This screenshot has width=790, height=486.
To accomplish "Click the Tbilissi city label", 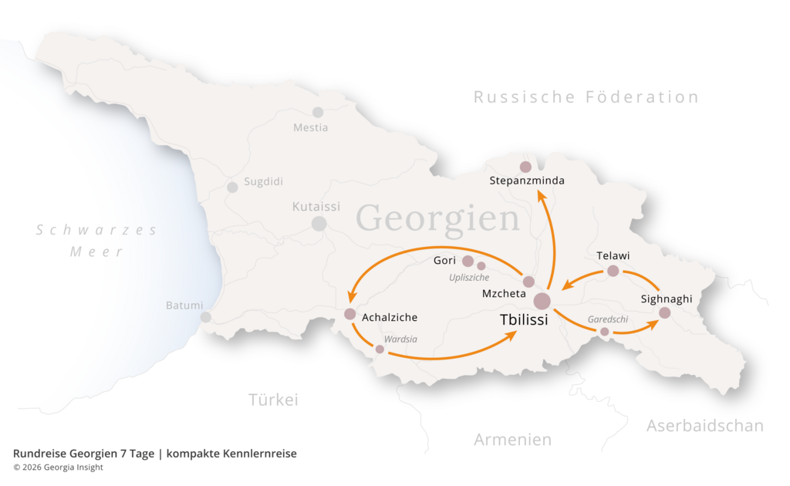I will pos(523,320).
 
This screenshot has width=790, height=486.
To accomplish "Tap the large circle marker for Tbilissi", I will pos(542,301).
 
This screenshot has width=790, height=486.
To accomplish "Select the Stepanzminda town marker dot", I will pos(525,167).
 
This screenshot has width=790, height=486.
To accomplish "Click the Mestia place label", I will pos(310,127).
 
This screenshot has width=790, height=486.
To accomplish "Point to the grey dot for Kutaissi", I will pos(319,224).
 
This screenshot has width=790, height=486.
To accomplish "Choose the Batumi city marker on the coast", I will pos(206,317).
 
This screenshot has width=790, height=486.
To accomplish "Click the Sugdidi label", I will pos(264,182).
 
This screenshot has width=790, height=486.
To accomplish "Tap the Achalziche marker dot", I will pos(349,314).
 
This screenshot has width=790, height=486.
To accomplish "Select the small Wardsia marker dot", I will pos(380,349).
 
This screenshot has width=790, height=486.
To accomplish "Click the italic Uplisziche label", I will pos(469,277).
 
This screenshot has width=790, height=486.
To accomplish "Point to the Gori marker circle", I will pos(468,261).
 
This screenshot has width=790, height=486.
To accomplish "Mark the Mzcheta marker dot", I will pos(528,282).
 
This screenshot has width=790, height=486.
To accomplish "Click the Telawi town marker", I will pos(613,271).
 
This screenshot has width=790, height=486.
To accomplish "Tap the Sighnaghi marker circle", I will pos(664,313).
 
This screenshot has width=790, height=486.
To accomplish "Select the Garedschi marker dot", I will pos(605,332).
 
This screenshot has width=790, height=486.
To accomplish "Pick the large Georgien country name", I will pos(437,218).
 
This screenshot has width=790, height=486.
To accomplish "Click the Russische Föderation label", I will pos(586,97).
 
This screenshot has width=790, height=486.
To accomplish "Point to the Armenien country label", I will pos(512,440).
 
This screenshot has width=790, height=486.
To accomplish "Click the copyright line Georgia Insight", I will pos(58,467).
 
